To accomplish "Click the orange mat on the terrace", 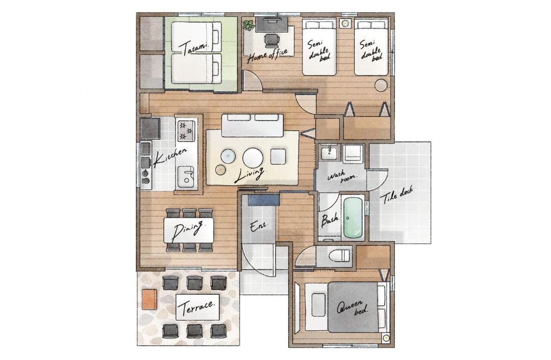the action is [149, 299].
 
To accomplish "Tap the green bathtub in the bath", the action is [353, 217].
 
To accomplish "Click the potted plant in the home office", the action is [248, 26].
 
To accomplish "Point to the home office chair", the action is [271, 41].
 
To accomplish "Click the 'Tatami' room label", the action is [194, 48].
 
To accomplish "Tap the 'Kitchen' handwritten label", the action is [170, 157].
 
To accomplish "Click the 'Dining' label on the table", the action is [188, 230].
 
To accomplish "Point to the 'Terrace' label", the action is [197, 307].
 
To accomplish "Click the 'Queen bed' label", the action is [353, 307].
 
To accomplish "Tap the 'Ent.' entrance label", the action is [258, 226].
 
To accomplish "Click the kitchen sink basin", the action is [186, 176].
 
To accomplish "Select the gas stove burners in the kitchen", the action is [186, 131].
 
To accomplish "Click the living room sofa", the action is [252, 125].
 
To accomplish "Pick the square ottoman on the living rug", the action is [278, 156].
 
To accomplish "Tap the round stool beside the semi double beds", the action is [381, 85].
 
